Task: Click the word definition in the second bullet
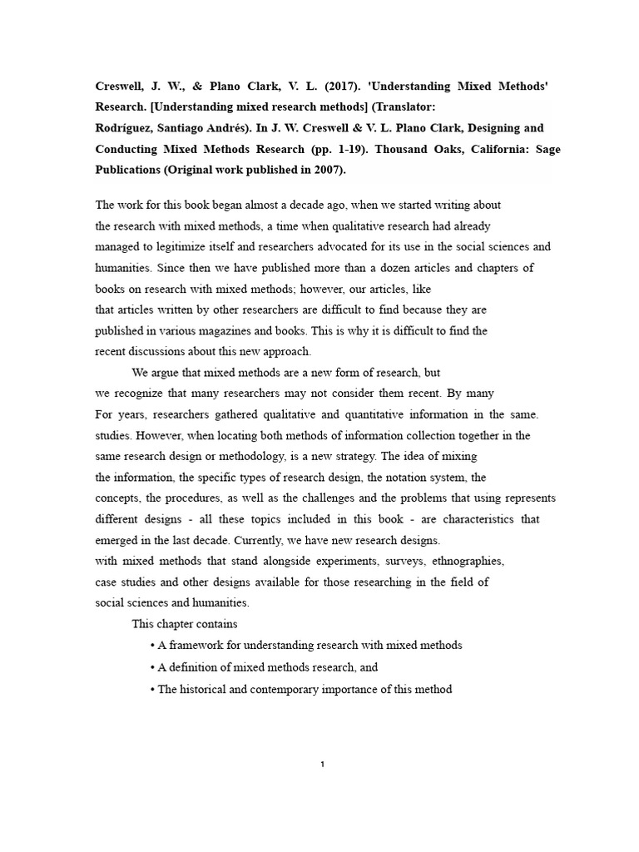[199, 666]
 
